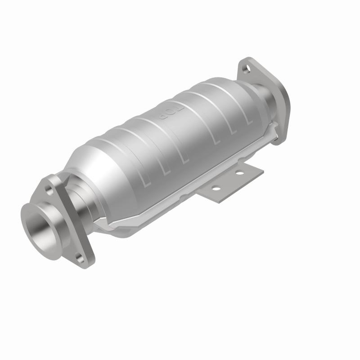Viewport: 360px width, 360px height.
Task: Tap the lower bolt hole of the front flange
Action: click(80, 257)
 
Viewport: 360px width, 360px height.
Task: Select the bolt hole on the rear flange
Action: click(246, 69)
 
